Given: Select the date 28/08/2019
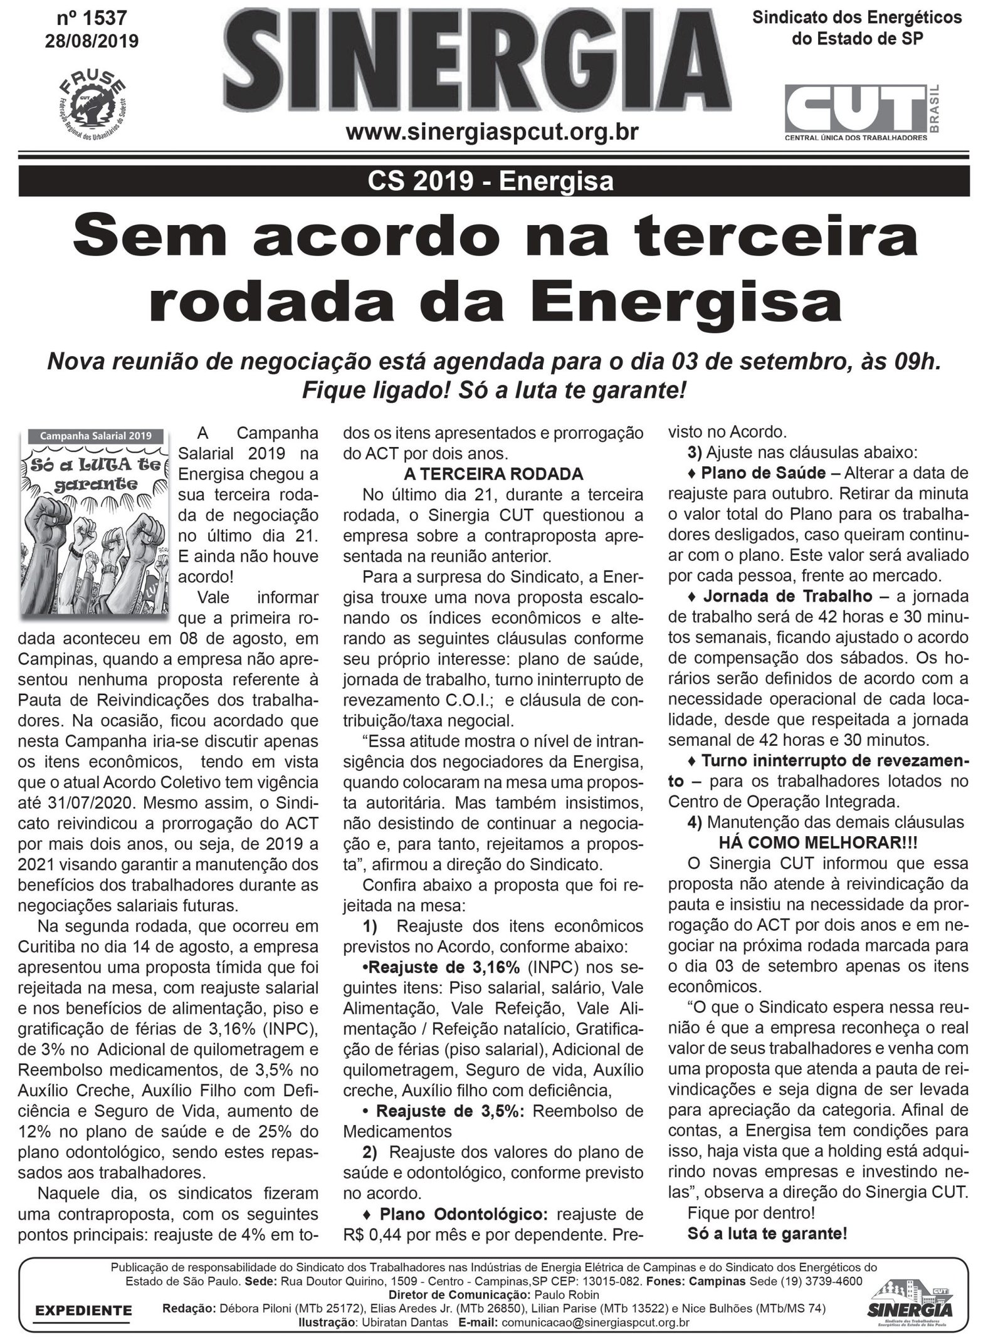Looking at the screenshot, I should tap(92, 41).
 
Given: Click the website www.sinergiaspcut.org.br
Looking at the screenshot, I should tap(492, 133).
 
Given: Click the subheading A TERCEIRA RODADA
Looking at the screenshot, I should tap(493, 473).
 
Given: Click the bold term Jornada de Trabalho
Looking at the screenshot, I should tap(787, 595).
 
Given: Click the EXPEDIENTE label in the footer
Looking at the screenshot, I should tap(83, 1310).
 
